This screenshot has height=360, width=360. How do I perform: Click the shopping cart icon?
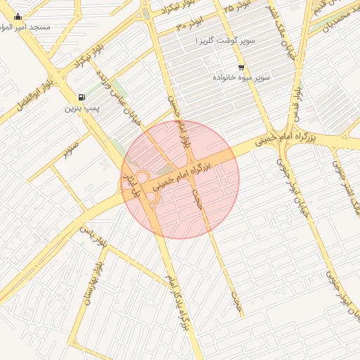coord(242,67)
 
